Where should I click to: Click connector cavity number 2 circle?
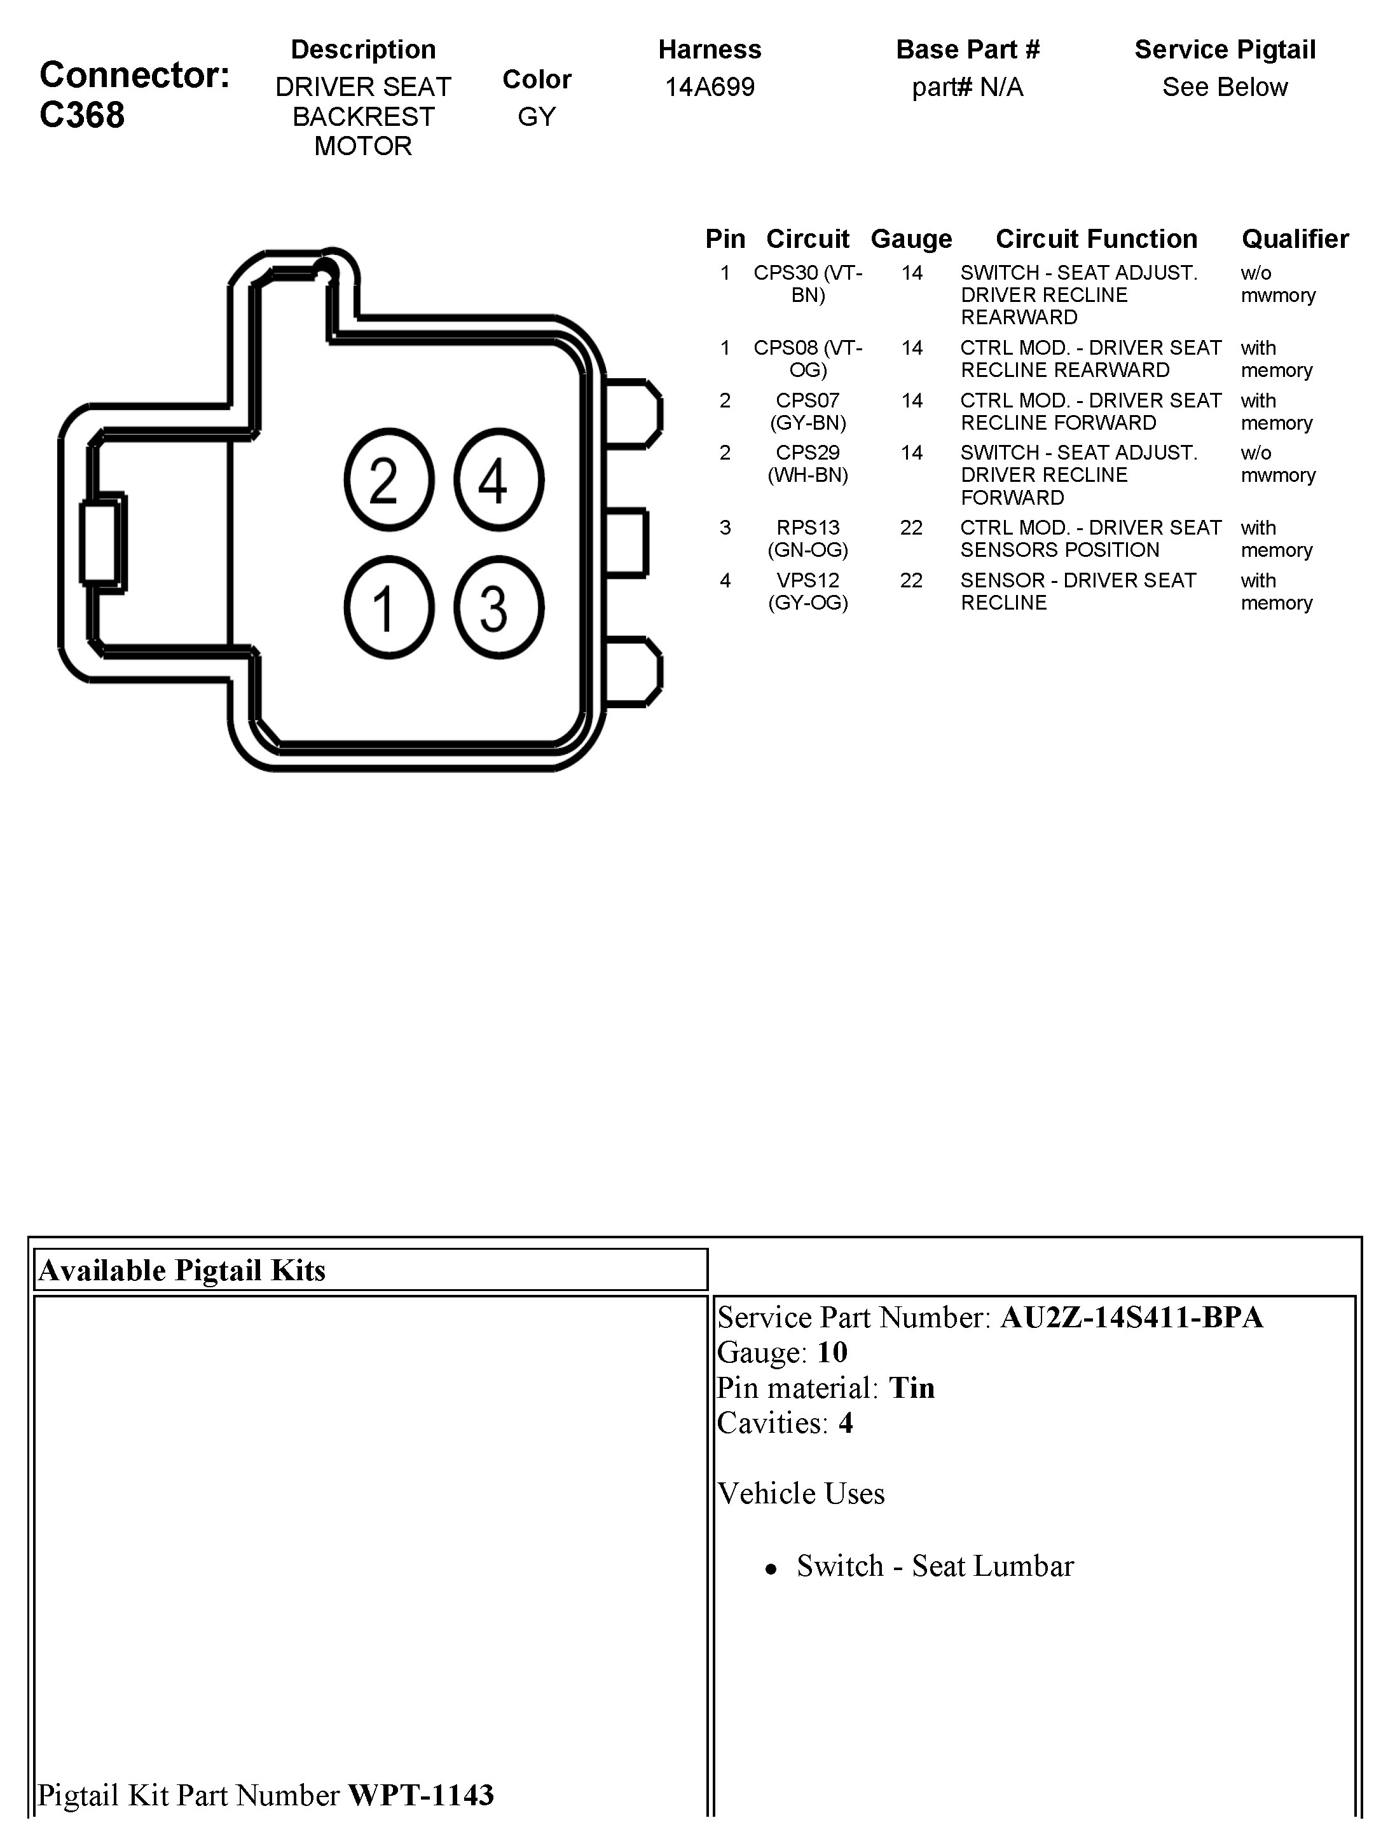click(388, 480)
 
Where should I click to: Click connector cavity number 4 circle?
click(498, 480)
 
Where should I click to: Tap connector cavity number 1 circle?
click(388, 608)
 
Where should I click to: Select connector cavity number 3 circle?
click(498, 608)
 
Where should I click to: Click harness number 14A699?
click(710, 86)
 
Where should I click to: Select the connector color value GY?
click(537, 116)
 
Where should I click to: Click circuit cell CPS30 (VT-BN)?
click(807, 284)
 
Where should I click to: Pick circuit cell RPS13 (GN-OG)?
click(807, 538)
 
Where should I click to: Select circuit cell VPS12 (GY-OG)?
click(807, 591)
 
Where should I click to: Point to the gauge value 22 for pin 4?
click(912, 580)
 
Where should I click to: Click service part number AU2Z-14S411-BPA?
click(1131, 1317)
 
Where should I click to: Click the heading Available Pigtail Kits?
click(182, 1270)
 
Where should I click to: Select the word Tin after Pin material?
click(912, 1388)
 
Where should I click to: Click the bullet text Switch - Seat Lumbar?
click(935, 1566)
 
